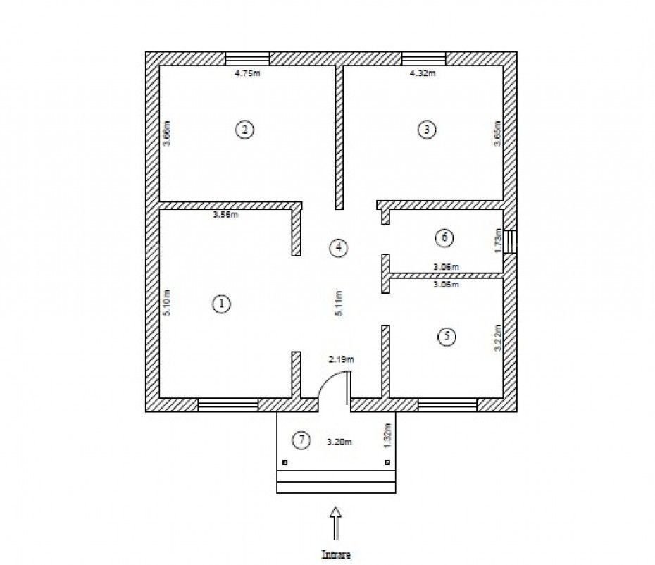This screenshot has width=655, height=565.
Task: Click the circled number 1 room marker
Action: point(221,304)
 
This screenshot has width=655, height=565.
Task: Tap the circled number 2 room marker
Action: point(244,130)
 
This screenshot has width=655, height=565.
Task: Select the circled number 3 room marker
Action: point(427,130)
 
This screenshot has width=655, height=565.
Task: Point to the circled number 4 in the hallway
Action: point(338,247)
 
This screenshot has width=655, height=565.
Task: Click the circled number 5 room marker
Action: point(446,337)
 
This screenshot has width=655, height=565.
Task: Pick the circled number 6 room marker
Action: point(444,237)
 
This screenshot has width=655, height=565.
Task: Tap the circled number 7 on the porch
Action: point(301,441)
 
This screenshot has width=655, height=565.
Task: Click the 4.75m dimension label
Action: point(247,73)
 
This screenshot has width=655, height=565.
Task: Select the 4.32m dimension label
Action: point(423,73)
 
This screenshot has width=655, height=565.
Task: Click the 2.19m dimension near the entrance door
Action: point(341,359)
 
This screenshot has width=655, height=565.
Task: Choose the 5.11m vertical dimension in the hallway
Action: point(339,304)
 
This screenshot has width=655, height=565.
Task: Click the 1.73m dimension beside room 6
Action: point(497,242)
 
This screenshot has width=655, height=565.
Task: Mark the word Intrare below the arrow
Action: point(336,554)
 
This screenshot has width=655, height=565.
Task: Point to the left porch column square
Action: point(285,463)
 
